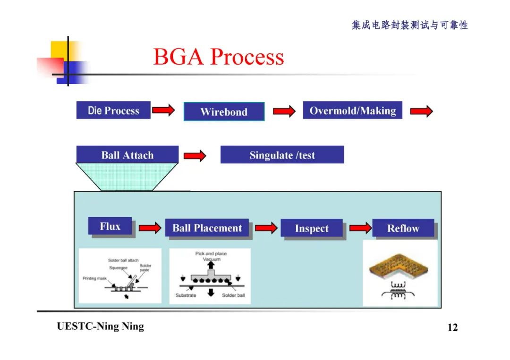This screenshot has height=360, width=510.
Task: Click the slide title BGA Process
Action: point(219,57)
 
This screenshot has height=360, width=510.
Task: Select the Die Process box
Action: point(113,110)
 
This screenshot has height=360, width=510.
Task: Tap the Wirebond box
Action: point(224,112)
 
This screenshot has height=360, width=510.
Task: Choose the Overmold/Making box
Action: point(352,110)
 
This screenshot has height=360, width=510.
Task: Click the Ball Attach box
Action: point(127,155)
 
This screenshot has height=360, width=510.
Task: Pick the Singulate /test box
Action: point(282,155)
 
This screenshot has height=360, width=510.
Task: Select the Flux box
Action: point(110,226)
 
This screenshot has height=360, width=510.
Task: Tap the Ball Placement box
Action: point(207,228)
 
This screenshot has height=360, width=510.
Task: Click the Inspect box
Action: point(311,229)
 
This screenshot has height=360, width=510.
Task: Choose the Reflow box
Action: point(403,229)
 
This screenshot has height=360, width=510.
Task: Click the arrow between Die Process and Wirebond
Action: point(163,111)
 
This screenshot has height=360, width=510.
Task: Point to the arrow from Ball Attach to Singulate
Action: point(195,156)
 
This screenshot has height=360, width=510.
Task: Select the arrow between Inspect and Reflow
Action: point(360,228)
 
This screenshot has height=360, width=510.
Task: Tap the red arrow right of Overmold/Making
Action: point(421,111)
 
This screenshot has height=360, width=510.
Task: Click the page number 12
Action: point(452,327)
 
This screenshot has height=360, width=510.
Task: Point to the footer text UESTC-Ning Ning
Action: point(100,327)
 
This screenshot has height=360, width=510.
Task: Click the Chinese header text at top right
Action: point(409,25)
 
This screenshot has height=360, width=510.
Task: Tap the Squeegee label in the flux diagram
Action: point(118,268)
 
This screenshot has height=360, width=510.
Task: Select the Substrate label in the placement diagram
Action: point(186,295)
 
